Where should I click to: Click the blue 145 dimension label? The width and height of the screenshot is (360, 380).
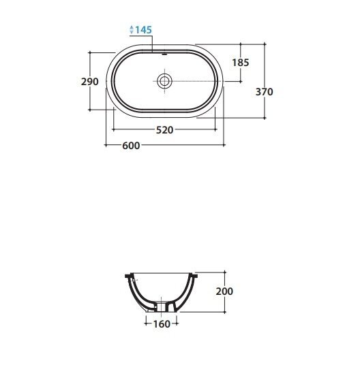tap(143, 30)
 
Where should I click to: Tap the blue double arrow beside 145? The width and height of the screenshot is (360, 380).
tap(132, 29)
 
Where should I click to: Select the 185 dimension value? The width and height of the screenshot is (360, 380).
tap(241, 63)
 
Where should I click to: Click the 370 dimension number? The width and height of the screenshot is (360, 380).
tap(264, 92)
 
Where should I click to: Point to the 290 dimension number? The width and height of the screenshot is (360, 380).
tap(90, 82)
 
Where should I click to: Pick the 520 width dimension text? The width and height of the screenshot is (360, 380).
tap(164, 130)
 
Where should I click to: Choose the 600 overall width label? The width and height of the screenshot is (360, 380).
tap(131, 146)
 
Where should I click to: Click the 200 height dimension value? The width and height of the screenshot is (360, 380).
tap(224, 291)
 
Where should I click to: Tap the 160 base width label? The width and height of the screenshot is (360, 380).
tap(162, 324)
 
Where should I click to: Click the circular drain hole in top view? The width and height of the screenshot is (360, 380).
tap(164, 81)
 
